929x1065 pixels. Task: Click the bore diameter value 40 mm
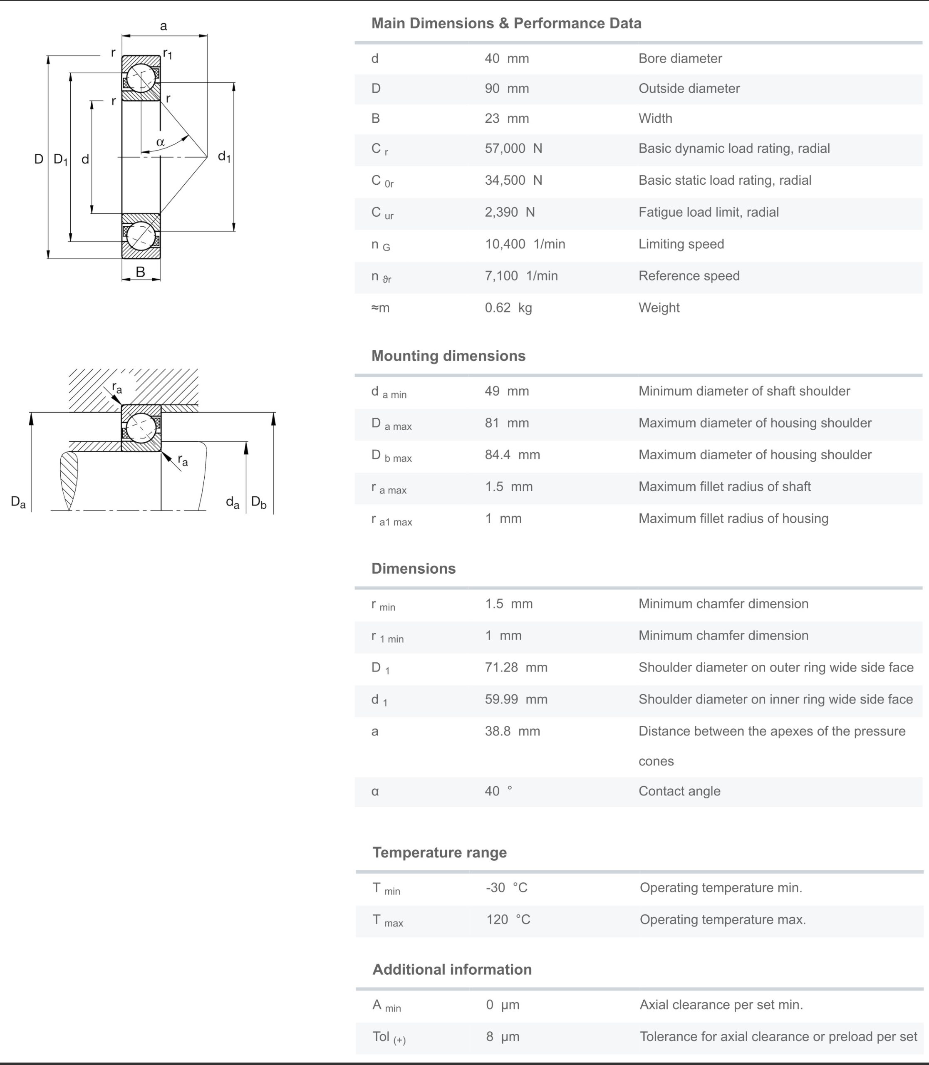[x=506, y=58]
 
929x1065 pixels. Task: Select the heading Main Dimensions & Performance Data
[x=506, y=23]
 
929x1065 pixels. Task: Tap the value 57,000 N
[x=513, y=149]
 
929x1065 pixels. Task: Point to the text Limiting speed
[x=681, y=244]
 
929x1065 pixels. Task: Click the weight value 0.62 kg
[x=508, y=308]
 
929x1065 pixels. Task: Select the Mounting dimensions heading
[x=448, y=356]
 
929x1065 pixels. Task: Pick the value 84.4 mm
[x=512, y=455]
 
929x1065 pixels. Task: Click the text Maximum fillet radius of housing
[x=733, y=518]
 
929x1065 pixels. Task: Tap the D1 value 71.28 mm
[x=516, y=667]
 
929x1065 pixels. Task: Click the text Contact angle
[x=679, y=791]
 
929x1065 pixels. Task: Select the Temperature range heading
[x=439, y=852]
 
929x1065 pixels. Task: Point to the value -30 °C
[x=506, y=888]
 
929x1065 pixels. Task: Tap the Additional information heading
[x=451, y=970]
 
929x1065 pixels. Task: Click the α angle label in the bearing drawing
[x=160, y=141]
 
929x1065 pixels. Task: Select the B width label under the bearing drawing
[x=140, y=272]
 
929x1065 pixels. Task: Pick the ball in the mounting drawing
[x=141, y=428]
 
